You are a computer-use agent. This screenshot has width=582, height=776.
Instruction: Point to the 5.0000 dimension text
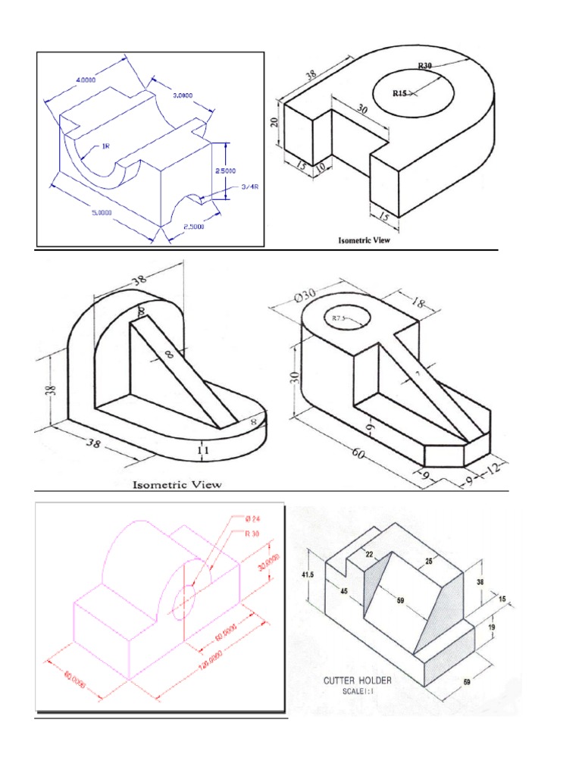pos(98,212)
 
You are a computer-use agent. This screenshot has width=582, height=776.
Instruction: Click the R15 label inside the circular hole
pos(400,93)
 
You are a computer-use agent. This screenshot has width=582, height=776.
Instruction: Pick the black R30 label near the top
pos(425,66)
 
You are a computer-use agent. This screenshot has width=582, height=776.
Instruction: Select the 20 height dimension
pos(275,121)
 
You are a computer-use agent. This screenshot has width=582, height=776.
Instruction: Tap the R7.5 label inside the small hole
pos(339,319)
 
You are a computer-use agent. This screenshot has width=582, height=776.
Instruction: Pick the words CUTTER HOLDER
pos(358,681)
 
